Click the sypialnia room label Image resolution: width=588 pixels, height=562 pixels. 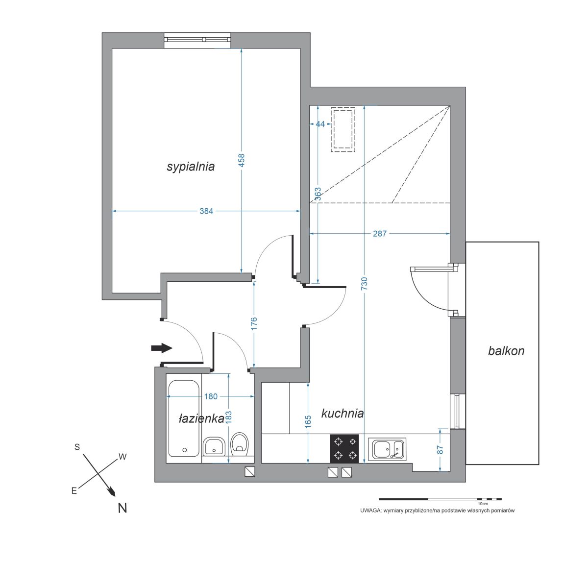click(x=191, y=167)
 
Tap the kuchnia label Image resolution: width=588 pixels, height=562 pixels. click(x=343, y=414)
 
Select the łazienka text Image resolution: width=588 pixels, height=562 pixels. click(x=201, y=419)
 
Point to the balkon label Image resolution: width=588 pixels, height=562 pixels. click(x=506, y=351)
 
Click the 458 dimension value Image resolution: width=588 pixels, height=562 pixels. click(x=242, y=160)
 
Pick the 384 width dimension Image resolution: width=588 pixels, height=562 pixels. click(x=206, y=211)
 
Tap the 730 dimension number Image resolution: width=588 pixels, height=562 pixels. click(x=365, y=283)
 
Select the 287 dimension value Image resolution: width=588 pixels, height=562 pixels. click(x=380, y=234)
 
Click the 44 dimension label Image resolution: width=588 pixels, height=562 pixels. click(x=320, y=124)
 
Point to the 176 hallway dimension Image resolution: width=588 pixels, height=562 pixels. click(x=254, y=323)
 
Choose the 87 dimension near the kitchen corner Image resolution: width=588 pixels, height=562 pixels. click(x=440, y=450)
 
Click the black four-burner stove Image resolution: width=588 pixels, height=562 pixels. click(x=344, y=449)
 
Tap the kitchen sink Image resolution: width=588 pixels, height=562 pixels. click(x=387, y=449)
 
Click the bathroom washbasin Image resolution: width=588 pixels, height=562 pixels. click(x=214, y=446)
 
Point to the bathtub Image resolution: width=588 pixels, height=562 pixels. click(x=184, y=418)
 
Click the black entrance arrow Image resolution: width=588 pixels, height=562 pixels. click(x=162, y=348)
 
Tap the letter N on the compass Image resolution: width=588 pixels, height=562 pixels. click(x=122, y=508)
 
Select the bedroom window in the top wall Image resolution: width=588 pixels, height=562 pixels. click(x=197, y=40)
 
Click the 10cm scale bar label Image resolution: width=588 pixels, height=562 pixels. click(x=483, y=504)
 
